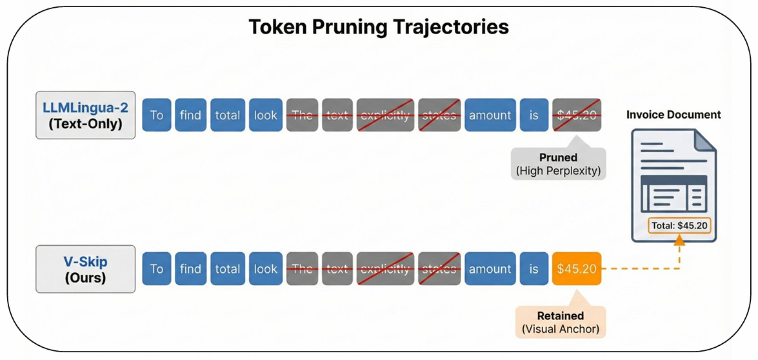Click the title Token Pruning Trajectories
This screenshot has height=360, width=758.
click(x=379, y=27)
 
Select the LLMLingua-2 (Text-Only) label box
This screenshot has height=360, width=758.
click(x=86, y=115)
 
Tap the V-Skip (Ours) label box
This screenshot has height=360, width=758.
click(x=86, y=268)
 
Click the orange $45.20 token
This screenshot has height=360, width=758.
click(x=576, y=269)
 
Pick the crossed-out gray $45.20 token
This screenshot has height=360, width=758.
click(x=576, y=115)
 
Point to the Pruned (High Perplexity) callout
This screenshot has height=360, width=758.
click(x=559, y=164)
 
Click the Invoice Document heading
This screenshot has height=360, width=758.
click(x=673, y=115)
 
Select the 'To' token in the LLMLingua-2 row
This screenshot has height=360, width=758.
click(x=156, y=115)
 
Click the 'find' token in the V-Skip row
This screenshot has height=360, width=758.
click(x=190, y=269)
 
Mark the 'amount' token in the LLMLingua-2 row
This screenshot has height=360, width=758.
click(x=490, y=115)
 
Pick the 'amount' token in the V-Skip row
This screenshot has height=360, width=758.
click(x=490, y=269)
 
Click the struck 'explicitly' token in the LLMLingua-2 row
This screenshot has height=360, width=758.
click(x=384, y=115)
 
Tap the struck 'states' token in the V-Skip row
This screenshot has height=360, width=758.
click(x=439, y=269)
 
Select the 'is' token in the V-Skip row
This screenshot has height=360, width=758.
click(x=534, y=269)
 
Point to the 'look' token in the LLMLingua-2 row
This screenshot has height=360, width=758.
click(x=265, y=115)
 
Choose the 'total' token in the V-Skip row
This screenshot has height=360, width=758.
click(x=227, y=269)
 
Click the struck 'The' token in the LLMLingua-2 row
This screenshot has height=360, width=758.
click(x=302, y=115)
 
